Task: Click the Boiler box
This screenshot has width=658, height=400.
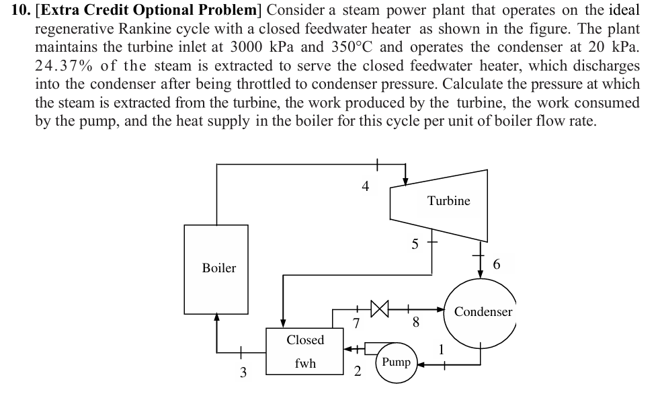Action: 219,268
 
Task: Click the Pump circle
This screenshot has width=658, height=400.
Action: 396,362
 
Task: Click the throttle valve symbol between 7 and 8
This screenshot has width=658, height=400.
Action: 379,310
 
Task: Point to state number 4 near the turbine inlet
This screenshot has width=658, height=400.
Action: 365,186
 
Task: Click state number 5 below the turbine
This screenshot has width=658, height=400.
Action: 415,245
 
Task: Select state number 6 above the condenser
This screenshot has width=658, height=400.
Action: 497,265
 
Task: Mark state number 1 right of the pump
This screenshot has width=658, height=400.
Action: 441,349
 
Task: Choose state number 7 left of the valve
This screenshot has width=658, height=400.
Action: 356,324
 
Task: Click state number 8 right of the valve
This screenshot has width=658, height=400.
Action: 416,324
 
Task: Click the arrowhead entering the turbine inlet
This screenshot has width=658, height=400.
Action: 405,180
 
